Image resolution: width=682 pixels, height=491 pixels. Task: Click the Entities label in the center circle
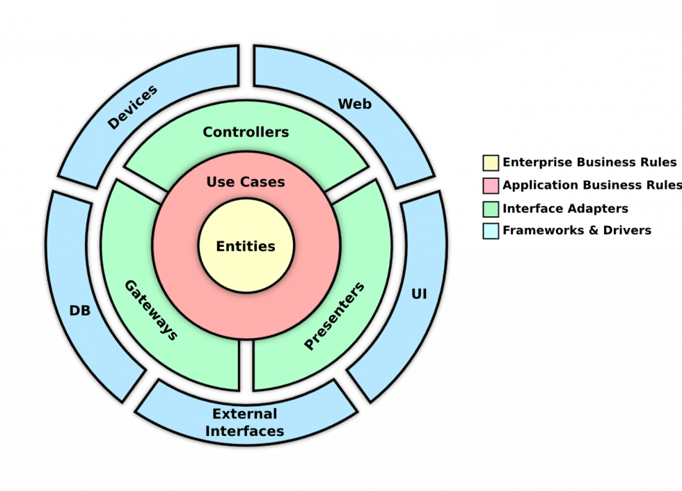pyautogui.click(x=246, y=246)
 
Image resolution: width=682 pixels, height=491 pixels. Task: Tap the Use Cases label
pyautogui.click(x=246, y=182)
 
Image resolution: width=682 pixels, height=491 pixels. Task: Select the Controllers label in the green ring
pyautogui.click(x=246, y=131)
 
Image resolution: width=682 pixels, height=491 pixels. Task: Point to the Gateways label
pyautogui.click(x=150, y=309)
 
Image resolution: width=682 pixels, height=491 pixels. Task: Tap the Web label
pyautogui.click(x=354, y=104)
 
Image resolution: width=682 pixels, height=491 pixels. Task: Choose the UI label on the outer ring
pyautogui.click(x=419, y=295)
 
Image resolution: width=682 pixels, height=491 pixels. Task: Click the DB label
pyautogui.click(x=80, y=310)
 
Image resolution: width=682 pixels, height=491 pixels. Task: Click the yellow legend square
pyautogui.click(x=491, y=163)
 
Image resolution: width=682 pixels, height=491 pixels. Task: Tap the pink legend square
pyautogui.click(x=491, y=186)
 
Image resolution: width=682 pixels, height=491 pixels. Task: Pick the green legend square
pyautogui.click(x=491, y=208)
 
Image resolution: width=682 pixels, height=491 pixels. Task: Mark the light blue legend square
pyautogui.click(x=491, y=230)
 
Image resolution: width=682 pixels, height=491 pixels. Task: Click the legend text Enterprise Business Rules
pyautogui.click(x=589, y=163)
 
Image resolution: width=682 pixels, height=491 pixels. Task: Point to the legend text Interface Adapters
pyautogui.click(x=565, y=208)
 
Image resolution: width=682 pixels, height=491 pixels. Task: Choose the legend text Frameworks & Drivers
pyautogui.click(x=576, y=230)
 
